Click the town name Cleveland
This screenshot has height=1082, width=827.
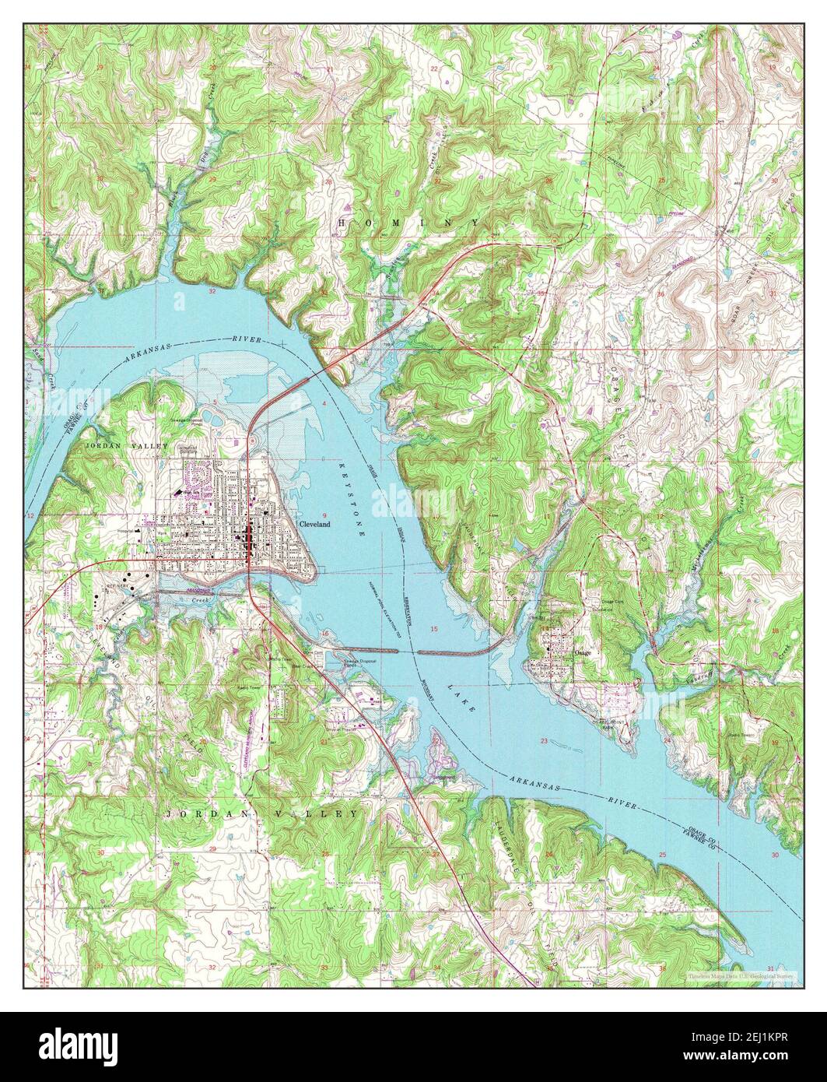point(314,525)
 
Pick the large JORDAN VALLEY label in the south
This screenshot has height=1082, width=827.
point(262,813)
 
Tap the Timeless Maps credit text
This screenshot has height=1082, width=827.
point(739,975)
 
